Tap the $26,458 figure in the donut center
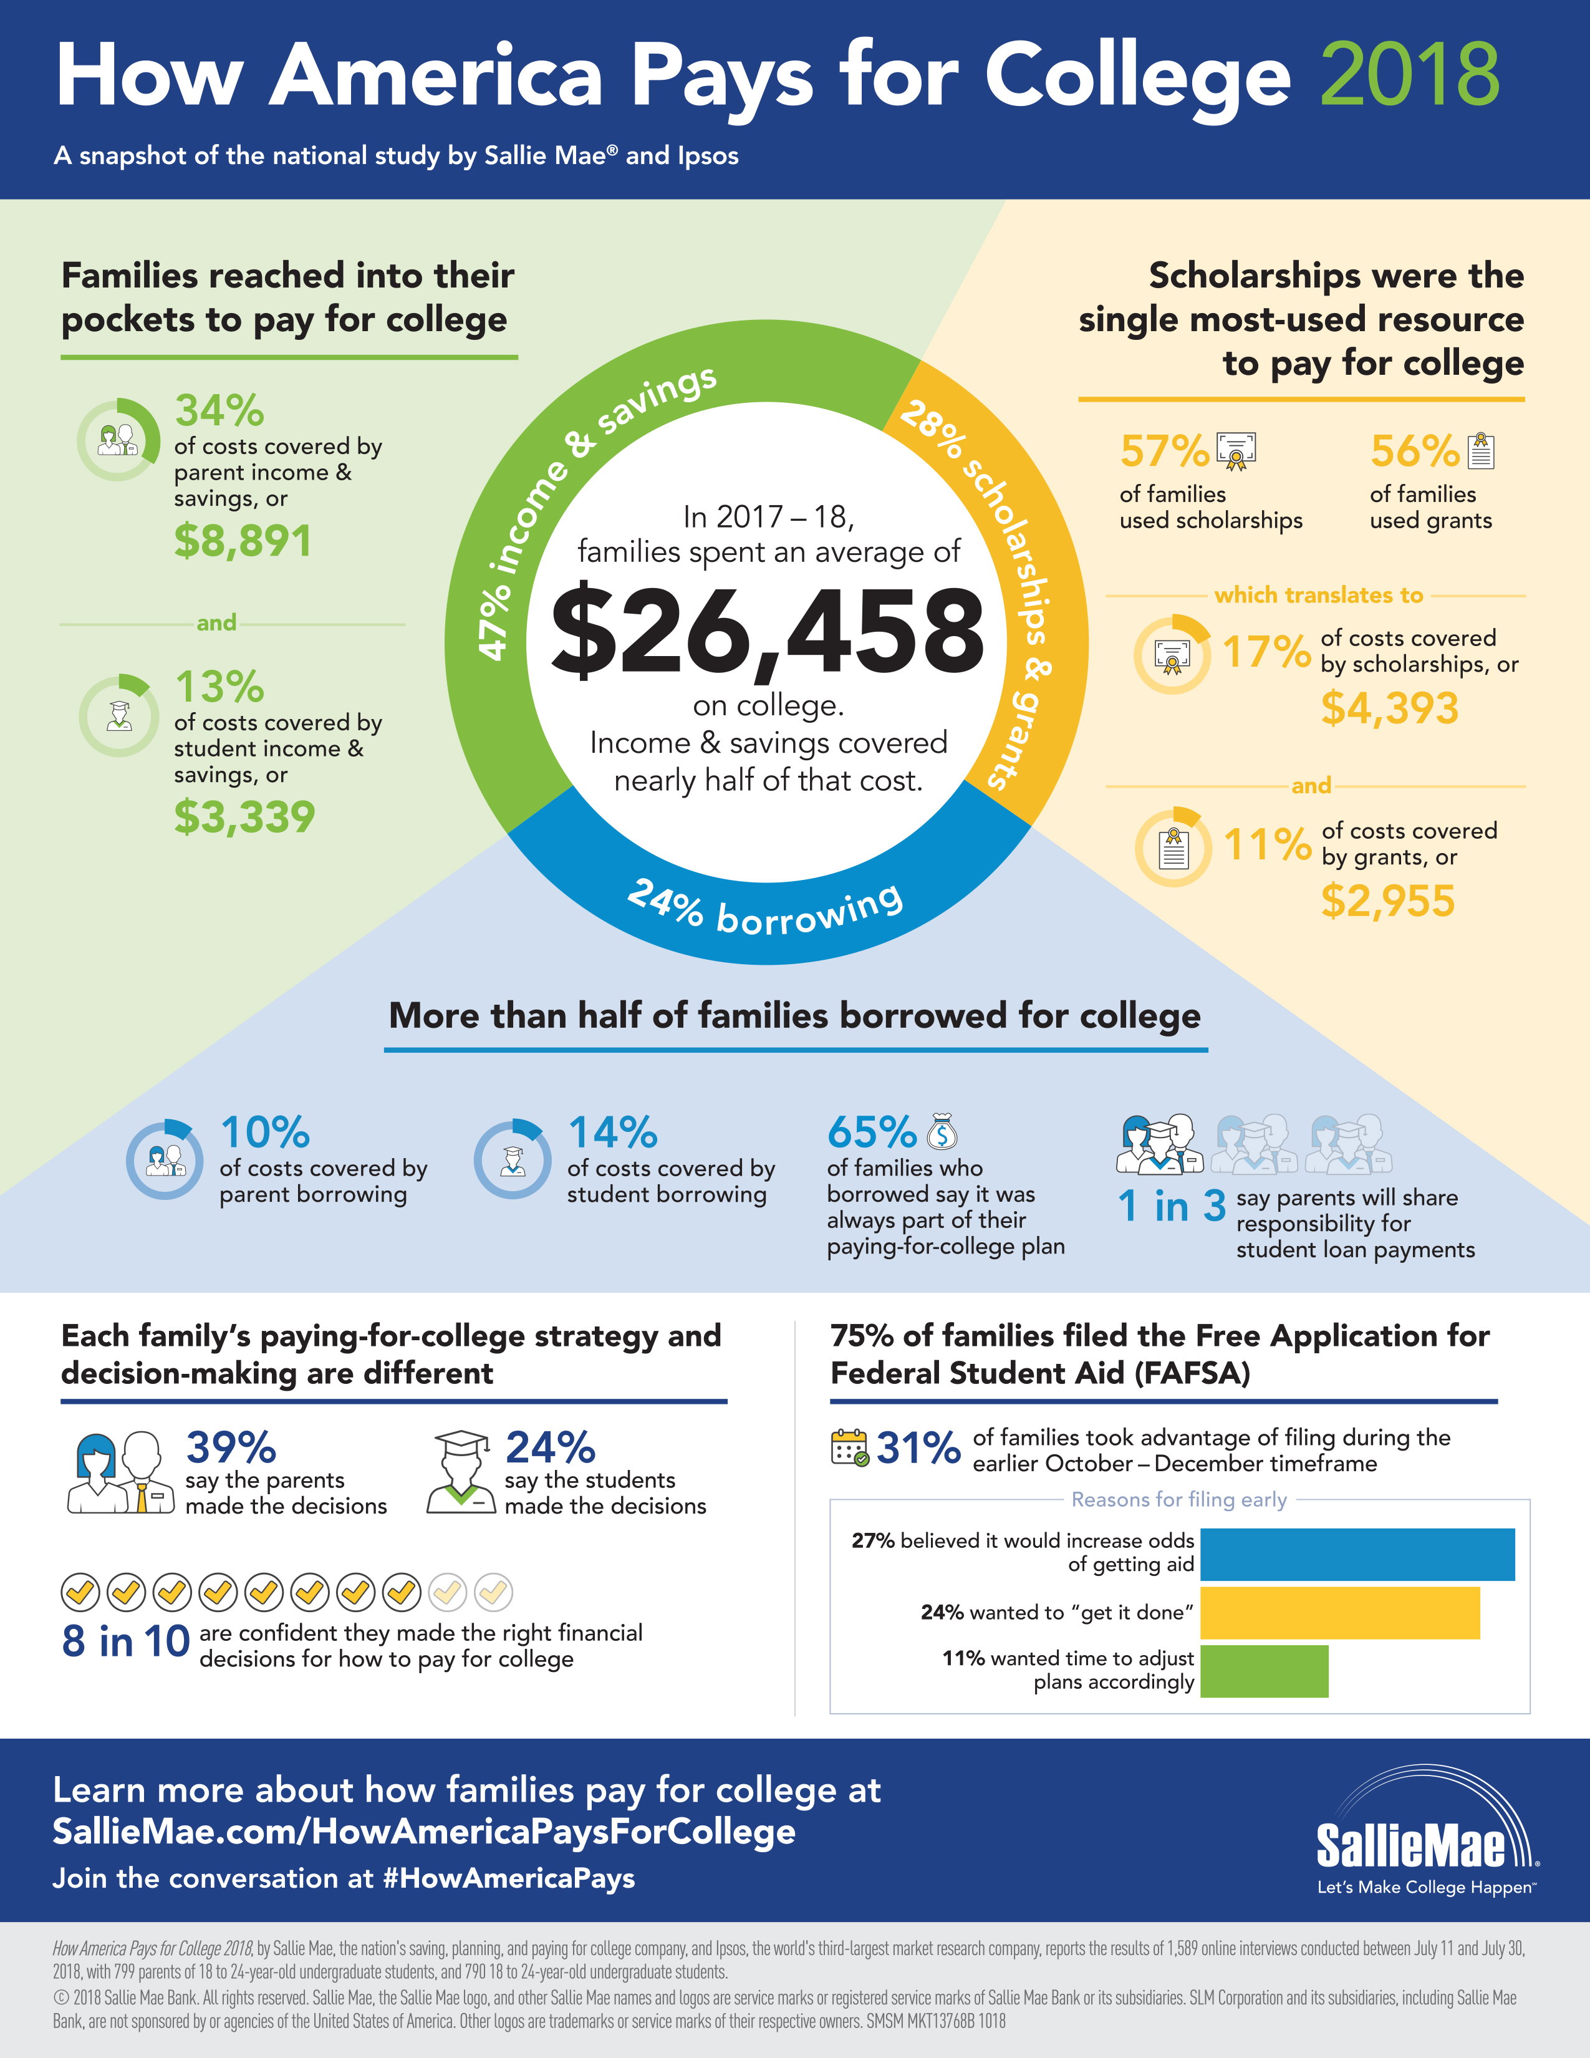[x=767, y=631]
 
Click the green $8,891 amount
[x=243, y=541]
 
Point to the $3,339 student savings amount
[x=244, y=816]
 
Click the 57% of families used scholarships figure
[x=1164, y=452]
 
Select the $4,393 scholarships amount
[x=1389, y=708]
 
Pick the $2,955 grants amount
[x=1387, y=901]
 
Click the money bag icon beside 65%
[x=942, y=1132]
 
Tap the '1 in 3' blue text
[x=1171, y=1206]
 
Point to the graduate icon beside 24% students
[x=461, y=1471]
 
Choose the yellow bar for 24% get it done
[x=1339, y=1612]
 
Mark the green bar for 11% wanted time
[x=1264, y=1671]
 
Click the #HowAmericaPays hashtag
[x=509, y=1878]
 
